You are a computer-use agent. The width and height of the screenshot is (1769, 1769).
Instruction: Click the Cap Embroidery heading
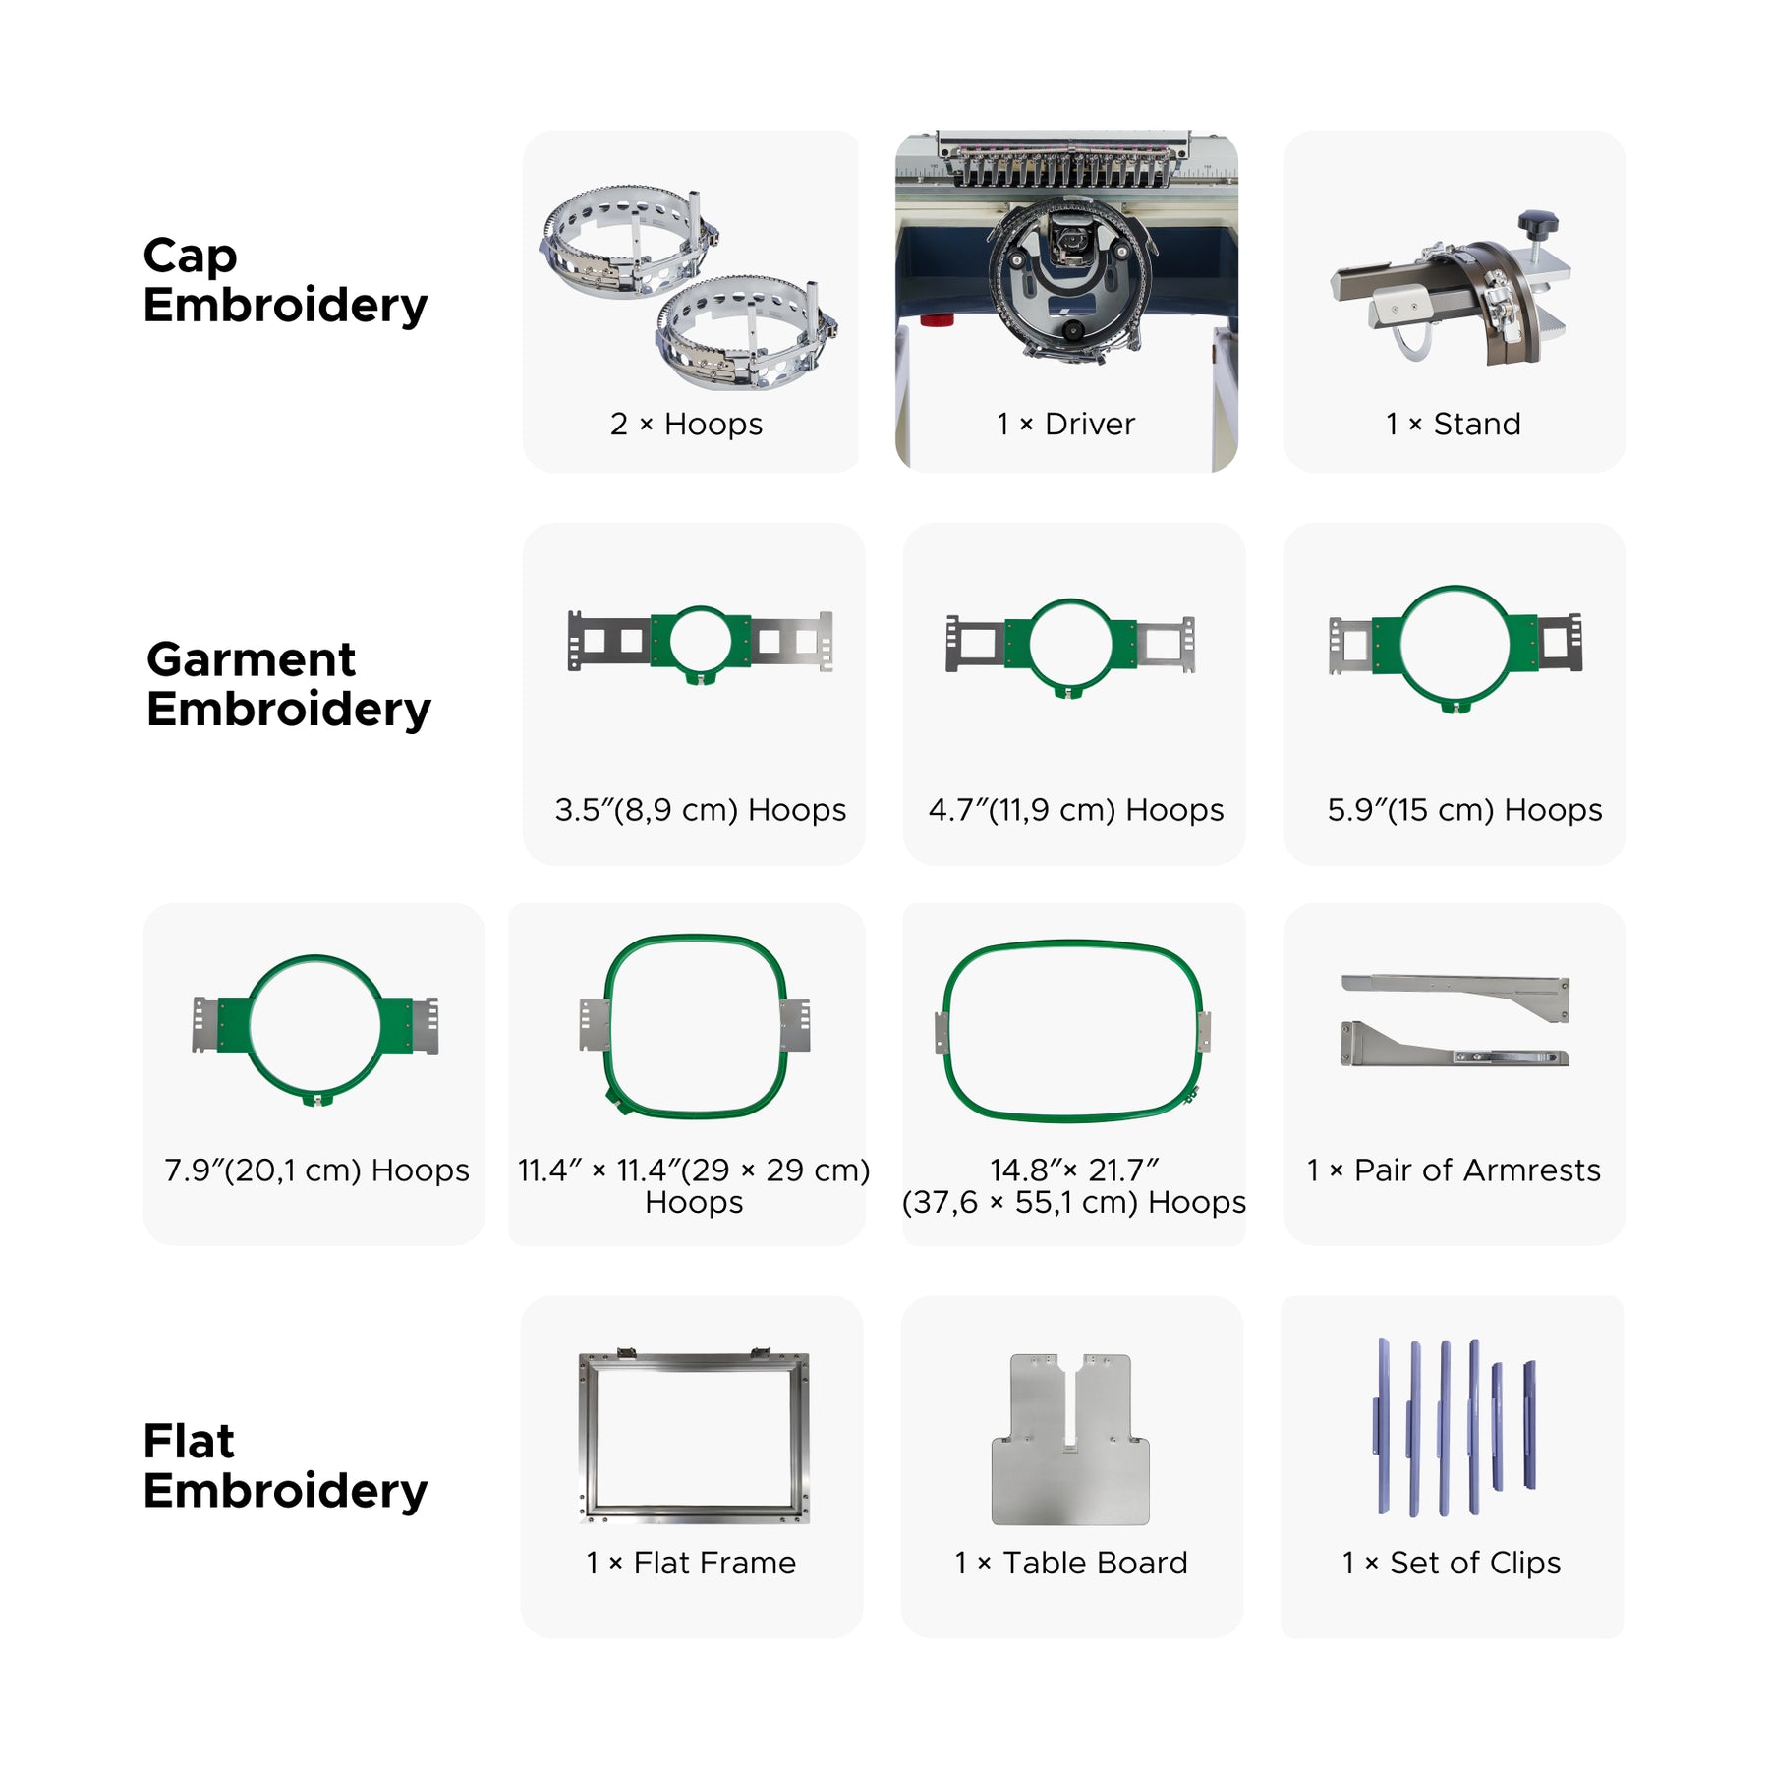pos(285,280)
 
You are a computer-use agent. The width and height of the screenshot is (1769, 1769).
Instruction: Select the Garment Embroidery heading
pos(289,684)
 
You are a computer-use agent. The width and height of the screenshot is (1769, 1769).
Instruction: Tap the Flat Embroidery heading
pos(285,1466)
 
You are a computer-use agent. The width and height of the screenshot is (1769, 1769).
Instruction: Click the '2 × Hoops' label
pos(686,424)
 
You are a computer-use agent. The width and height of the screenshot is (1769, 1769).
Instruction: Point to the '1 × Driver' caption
pos(1065,424)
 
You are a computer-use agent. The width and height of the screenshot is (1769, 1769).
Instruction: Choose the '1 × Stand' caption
pos(1454,424)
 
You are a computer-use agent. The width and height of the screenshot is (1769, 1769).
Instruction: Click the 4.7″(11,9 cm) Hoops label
pos(1076,809)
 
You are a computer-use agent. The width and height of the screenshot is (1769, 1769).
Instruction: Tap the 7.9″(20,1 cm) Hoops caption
pos(316,1170)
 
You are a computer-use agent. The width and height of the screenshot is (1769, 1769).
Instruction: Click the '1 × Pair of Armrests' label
pos(1454,1170)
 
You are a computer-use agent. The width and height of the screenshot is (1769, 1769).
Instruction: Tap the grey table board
pos(1070,1474)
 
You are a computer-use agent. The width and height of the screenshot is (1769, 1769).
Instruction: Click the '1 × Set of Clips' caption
pos(1452,1563)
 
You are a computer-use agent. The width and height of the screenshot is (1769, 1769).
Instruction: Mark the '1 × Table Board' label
pos(1071,1563)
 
